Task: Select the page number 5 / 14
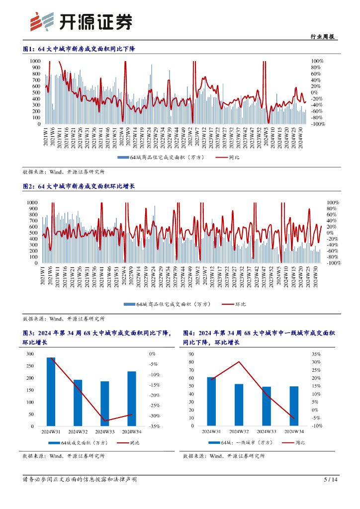(331, 480)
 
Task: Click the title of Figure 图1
(79, 49)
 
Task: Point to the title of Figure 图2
(79, 186)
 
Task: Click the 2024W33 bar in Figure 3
(104, 404)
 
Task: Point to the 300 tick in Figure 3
(30, 354)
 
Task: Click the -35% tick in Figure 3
(154, 426)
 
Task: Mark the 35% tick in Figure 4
(317, 354)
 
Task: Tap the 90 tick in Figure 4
(191, 354)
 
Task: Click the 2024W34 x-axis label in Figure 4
(293, 431)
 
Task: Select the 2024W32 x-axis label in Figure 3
(78, 431)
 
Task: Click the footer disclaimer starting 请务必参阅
(80, 480)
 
